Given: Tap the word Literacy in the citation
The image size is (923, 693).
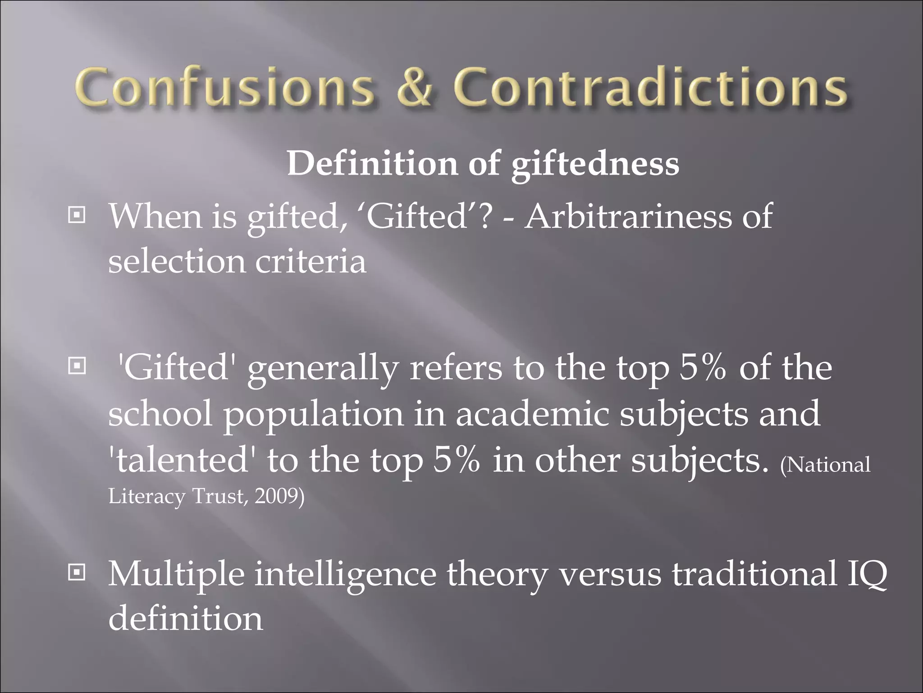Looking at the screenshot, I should [x=147, y=496].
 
